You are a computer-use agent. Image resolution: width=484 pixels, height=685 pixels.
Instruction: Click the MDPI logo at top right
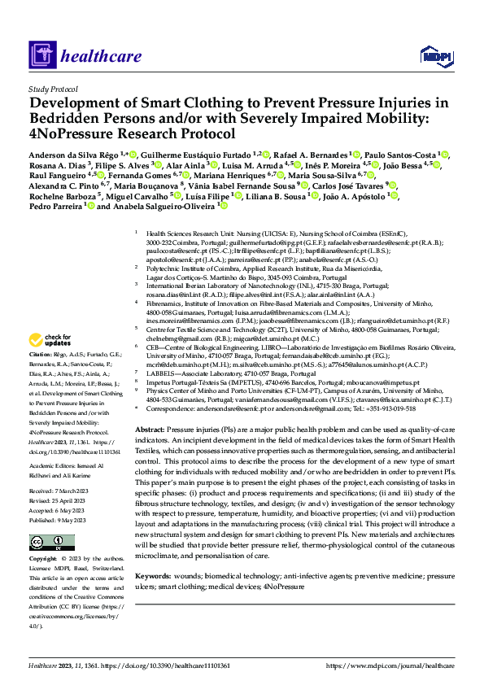tap(434, 55)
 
